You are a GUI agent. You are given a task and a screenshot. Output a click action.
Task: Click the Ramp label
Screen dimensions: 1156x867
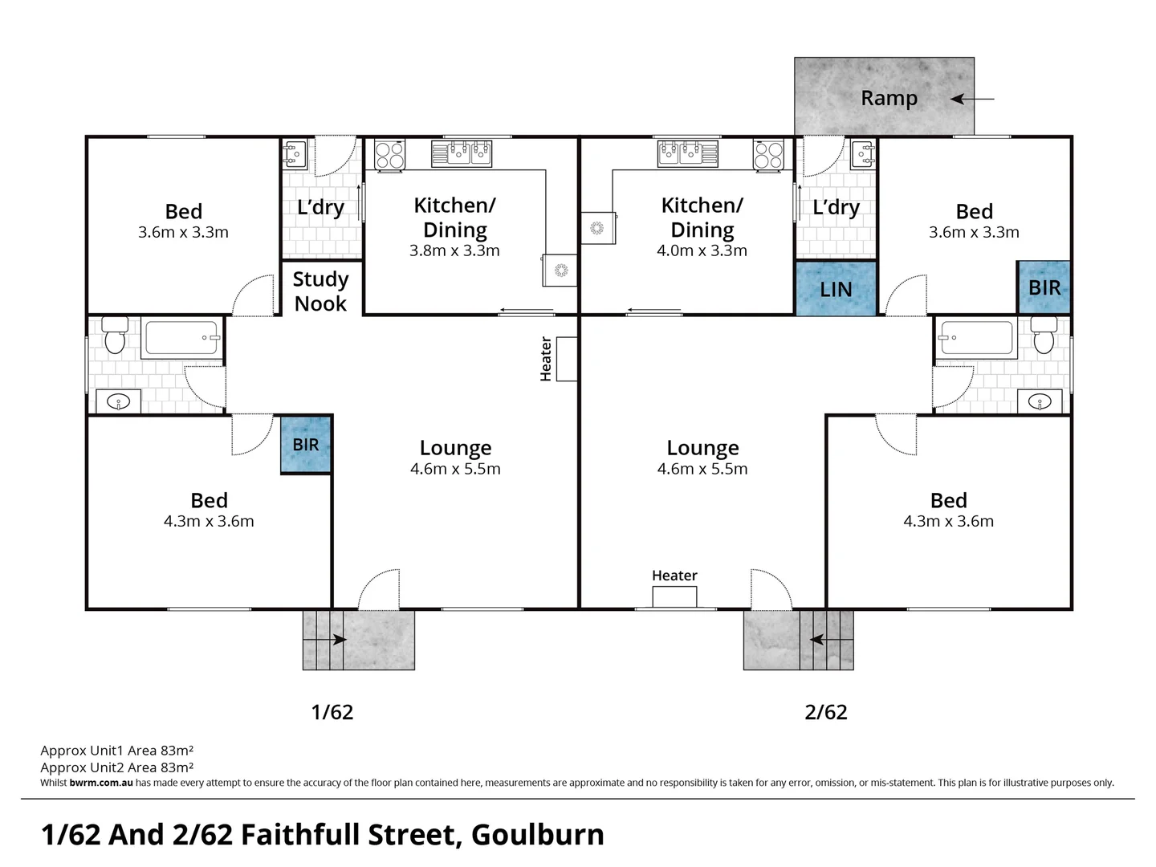pos(889,98)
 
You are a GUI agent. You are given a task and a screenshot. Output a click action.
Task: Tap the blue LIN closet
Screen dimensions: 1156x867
pos(836,288)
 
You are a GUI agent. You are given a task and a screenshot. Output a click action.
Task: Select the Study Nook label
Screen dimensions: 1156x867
pos(320,291)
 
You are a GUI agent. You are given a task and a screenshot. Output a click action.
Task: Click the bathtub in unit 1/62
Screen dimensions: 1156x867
pos(182,338)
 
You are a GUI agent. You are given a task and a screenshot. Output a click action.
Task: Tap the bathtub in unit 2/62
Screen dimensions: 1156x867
pos(976,338)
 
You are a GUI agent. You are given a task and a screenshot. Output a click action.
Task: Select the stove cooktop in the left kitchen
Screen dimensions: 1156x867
pos(390,154)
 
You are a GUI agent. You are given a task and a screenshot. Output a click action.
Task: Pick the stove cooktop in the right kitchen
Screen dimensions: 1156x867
pos(767,154)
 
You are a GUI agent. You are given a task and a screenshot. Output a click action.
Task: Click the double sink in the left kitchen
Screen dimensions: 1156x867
pos(462,153)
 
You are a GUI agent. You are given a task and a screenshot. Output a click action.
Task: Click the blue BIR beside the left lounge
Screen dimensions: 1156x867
pos(306,445)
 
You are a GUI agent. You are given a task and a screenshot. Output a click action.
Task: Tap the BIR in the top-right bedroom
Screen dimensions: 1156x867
pos(1044,287)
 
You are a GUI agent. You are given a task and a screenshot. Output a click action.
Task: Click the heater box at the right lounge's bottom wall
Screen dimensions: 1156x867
pos(674,596)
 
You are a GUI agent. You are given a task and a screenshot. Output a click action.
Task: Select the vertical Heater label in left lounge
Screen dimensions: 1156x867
pos(546,359)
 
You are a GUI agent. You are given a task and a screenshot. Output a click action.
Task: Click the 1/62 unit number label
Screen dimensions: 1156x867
pos(332,712)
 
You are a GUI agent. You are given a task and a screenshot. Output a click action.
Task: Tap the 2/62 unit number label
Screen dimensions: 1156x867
pos(825,712)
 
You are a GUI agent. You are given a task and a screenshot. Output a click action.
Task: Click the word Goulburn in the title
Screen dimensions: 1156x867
pos(537,835)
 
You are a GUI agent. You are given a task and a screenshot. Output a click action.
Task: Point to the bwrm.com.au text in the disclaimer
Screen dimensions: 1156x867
pos(101,783)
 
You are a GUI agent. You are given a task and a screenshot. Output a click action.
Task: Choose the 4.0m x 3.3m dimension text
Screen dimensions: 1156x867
pos(702,250)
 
